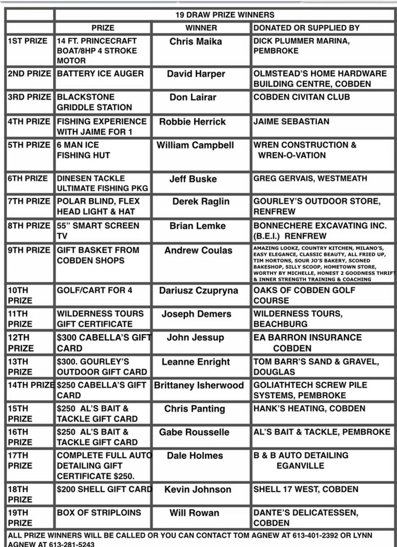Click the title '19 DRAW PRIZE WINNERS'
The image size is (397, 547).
(225, 15)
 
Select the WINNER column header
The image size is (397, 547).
(201, 28)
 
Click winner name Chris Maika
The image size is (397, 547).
(195, 41)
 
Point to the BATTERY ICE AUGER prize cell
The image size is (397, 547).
(100, 74)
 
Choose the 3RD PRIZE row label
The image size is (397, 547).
(29, 97)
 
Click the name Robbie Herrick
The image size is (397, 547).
(192, 121)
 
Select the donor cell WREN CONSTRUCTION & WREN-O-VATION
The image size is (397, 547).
(305, 150)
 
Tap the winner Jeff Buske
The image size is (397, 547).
(193, 179)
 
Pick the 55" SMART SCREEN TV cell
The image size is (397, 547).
(98, 230)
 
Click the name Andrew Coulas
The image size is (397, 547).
(198, 251)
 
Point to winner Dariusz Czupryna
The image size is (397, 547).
(198, 291)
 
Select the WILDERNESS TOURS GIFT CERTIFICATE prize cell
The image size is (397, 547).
(100, 319)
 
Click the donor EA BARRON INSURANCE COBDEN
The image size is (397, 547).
(307, 343)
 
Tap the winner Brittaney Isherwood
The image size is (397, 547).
(199, 385)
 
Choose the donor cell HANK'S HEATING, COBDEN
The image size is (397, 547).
(309, 409)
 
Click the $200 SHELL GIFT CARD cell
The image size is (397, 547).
(104, 489)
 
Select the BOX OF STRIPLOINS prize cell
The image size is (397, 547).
(99, 513)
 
